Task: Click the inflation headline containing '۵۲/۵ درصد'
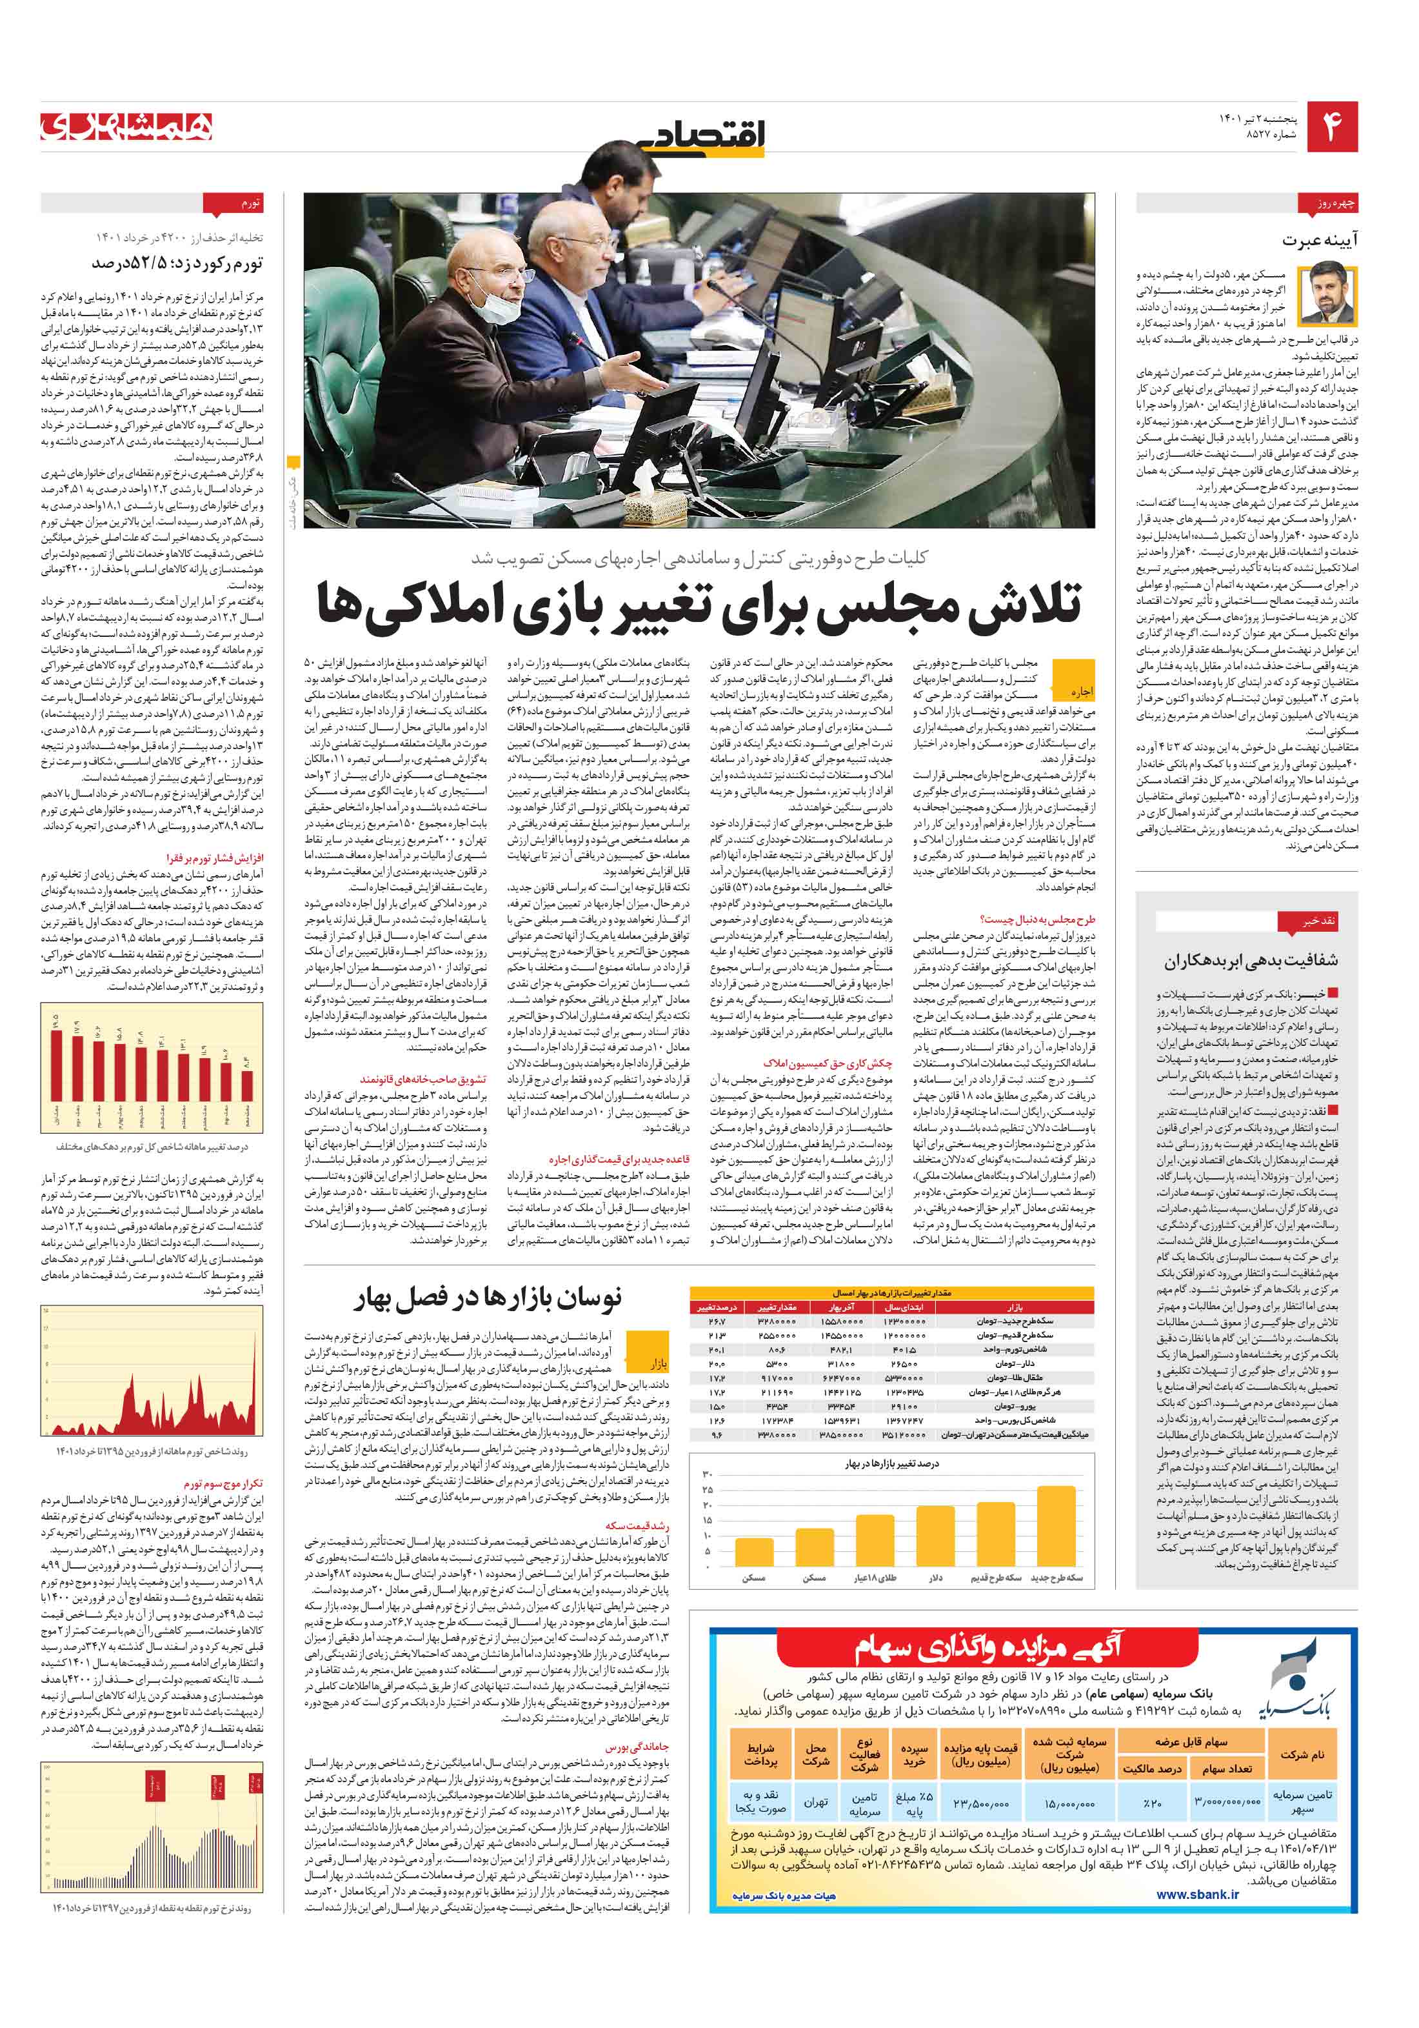[177, 263]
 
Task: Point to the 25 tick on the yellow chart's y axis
[708, 1490]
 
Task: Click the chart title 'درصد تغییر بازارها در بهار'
[892, 1463]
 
